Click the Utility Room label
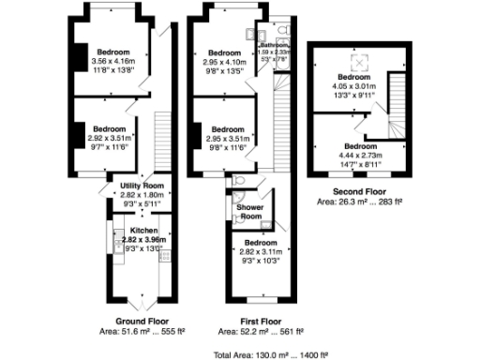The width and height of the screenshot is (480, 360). click(x=142, y=186)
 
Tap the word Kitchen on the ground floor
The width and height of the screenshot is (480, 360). click(x=143, y=230)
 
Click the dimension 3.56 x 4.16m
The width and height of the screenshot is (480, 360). click(x=111, y=61)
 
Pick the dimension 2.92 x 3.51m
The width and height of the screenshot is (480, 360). click(x=109, y=137)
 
